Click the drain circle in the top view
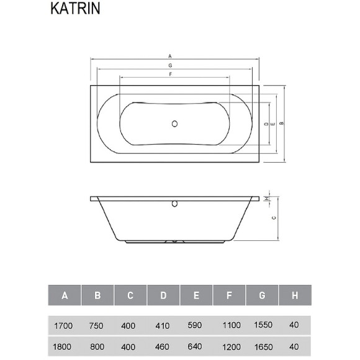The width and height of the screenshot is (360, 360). [175, 124]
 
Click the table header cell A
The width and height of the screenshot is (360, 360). [65, 295]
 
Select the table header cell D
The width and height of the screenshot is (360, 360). [163, 295]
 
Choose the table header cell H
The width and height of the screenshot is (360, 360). [294, 295]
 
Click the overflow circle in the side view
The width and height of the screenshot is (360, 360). [174, 202]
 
